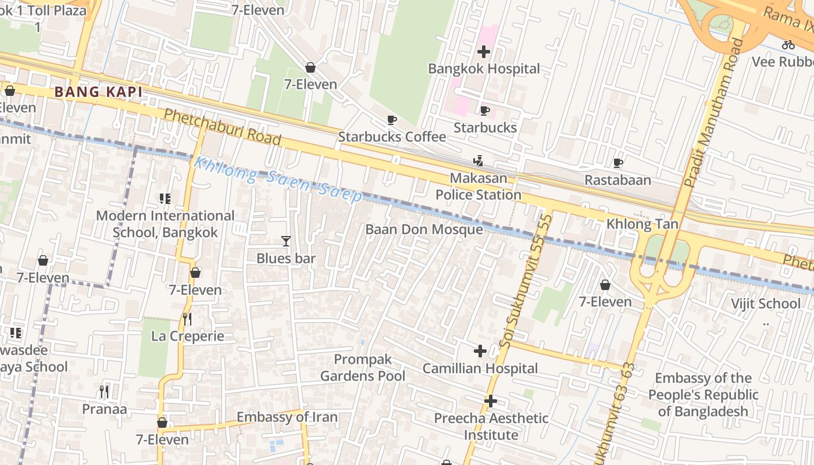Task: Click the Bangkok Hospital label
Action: pyautogui.click(x=484, y=69)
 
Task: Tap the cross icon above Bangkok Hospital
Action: pyautogui.click(x=484, y=52)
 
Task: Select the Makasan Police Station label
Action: pyautogui.click(x=478, y=186)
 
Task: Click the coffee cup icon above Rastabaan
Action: pyautogui.click(x=617, y=163)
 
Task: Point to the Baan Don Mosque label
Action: pyautogui.click(x=424, y=230)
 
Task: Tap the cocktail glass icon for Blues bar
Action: pyautogui.click(x=285, y=241)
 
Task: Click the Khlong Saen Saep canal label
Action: pyautogui.click(x=278, y=179)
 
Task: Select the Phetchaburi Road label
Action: pyautogui.click(x=222, y=127)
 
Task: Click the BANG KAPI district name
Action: pyautogui.click(x=98, y=92)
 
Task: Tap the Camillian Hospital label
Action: pyautogui.click(x=480, y=369)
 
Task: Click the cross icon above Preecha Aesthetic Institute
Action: pyautogui.click(x=491, y=401)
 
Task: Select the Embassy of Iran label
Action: pyautogui.click(x=287, y=417)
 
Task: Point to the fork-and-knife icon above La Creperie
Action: pyautogui.click(x=187, y=319)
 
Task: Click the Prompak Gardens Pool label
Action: pyautogui.click(x=363, y=368)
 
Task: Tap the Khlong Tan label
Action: pyautogui.click(x=642, y=224)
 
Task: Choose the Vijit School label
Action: pyautogui.click(x=765, y=303)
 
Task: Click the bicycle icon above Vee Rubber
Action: pyautogui.click(x=788, y=44)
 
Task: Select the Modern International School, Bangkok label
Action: pyautogui.click(x=165, y=224)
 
